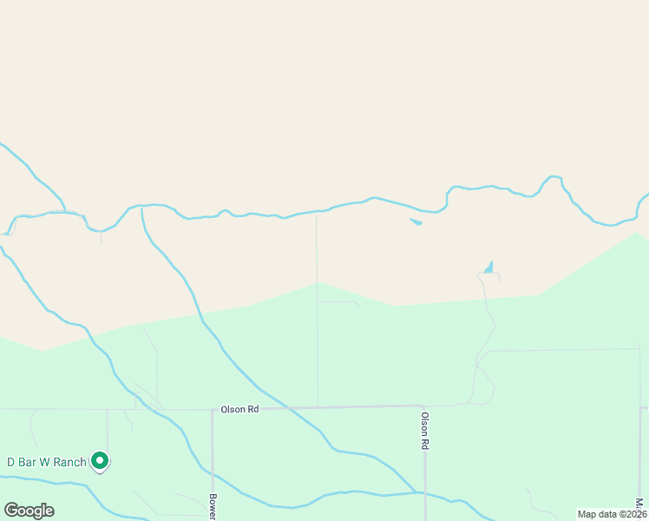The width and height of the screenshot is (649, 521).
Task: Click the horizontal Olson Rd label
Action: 239,409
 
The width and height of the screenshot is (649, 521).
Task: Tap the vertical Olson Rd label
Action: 425,430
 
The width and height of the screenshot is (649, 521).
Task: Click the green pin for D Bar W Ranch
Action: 100,460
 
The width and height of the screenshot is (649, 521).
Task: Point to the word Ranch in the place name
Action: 69,462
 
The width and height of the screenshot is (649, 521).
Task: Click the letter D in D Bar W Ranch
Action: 11,462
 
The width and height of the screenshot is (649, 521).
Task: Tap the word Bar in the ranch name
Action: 28,462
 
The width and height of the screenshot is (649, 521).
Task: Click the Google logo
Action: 29,511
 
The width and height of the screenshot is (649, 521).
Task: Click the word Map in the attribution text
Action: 587,514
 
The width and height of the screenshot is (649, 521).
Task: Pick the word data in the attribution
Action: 606,514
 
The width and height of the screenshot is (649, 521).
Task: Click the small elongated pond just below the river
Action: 416,222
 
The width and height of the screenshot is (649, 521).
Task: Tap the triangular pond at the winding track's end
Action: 489,267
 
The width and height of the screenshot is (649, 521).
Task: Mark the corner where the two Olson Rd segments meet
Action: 423,406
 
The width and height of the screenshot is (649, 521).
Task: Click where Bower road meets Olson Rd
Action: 213,410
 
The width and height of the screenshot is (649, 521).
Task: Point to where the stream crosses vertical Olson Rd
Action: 425,493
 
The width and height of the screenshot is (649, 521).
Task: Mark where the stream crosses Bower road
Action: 213,474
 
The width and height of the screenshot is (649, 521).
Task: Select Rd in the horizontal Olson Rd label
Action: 252,409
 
